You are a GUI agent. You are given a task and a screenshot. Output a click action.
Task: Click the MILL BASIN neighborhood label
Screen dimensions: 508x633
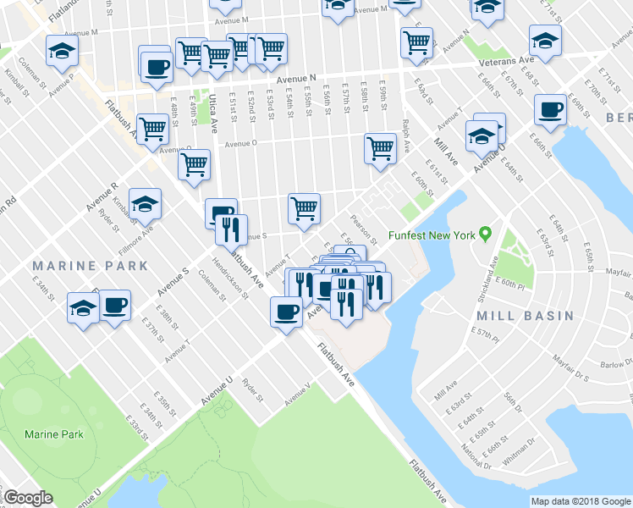pyautogui.click(x=525, y=316)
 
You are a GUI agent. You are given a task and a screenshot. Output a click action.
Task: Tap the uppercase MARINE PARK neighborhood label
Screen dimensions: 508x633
pyautogui.click(x=90, y=266)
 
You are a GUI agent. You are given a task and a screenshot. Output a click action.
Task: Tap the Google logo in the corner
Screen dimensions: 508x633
pyautogui.click(x=28, y=498)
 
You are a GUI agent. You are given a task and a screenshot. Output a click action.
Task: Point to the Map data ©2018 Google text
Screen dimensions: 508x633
pyautogui.click(x=580, y=501)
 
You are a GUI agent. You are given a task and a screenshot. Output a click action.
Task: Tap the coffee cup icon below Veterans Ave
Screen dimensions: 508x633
pyautogui.click(x=551, y=108)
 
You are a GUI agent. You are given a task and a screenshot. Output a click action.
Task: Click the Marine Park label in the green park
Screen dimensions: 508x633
pyautogui.click(x=54, y=434)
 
